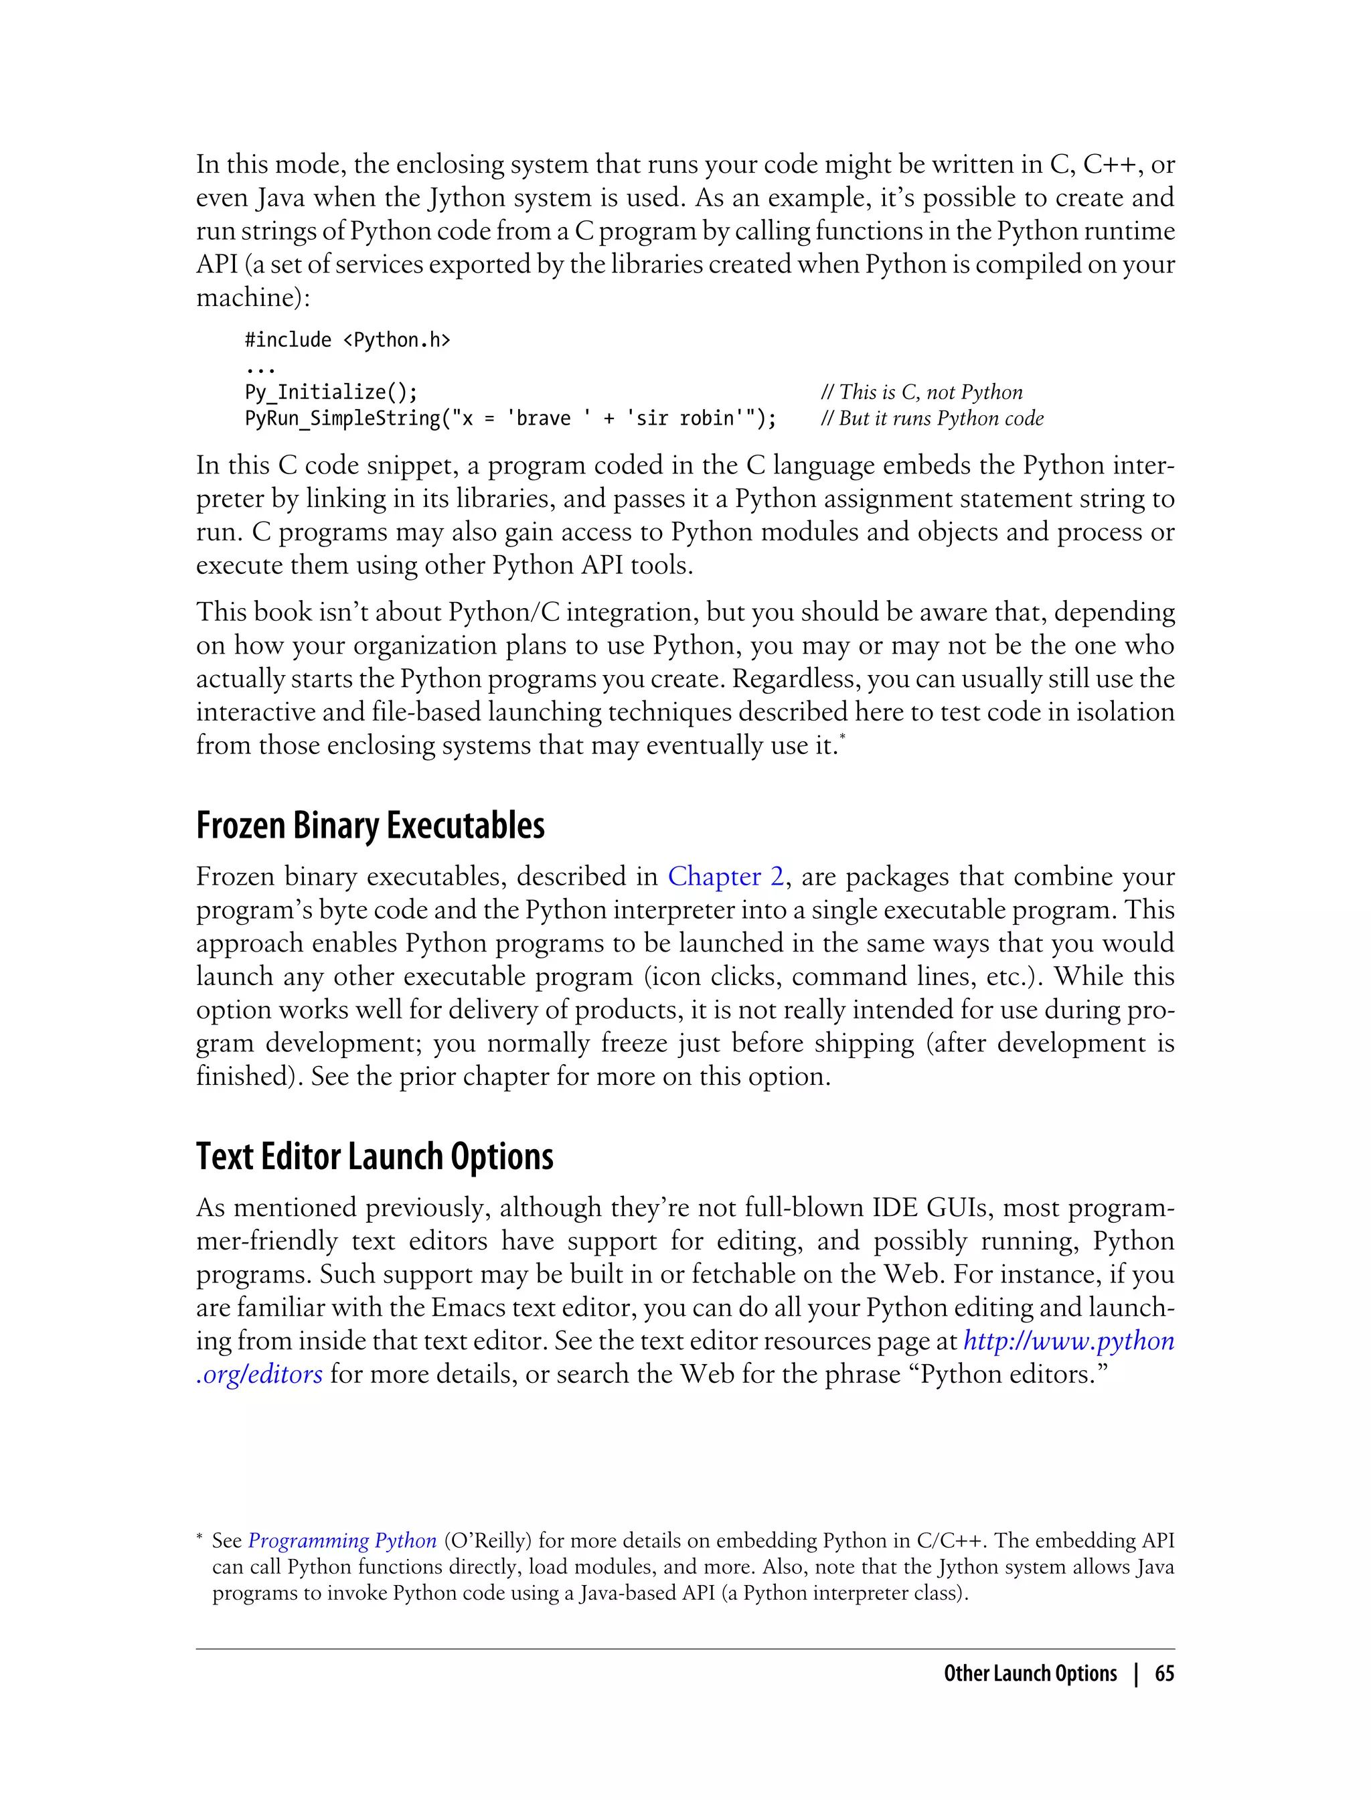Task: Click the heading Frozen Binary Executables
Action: pos(370,826)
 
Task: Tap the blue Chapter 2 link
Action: pos(726,877)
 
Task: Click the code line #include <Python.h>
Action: pos(347,340)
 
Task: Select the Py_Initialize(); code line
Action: pos(331,392)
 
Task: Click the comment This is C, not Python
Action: pos(921,392)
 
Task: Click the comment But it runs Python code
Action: pos(932,419)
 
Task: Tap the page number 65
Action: pos(1163,1673)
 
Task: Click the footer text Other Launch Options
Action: pos(1030,1673)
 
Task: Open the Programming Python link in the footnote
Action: pos(342,1540)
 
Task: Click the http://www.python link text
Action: pos(1068,1341)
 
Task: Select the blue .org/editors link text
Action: pos(260,1375)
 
